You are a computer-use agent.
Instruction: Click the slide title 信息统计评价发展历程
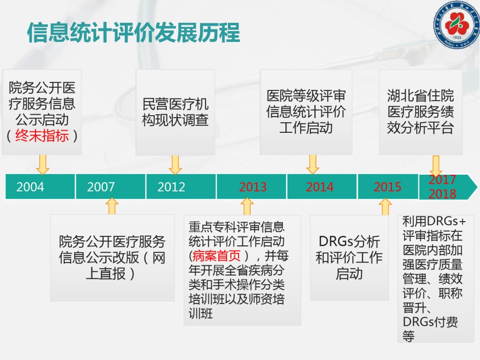point(133,32)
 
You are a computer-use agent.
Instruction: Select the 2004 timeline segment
point(40,187)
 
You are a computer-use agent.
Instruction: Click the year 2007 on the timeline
point(101,187)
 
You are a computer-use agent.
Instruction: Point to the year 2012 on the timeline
point(171,187)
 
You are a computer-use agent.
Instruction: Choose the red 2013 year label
point(253,187)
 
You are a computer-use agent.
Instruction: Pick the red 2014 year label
point(320,187)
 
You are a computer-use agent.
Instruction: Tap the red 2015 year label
point(387,187)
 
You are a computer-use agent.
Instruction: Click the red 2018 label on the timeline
point(442,193)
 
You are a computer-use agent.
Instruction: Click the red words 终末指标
point(42,135)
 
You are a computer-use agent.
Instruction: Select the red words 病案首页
point(216,255)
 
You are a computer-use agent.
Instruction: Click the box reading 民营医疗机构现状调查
point(175,112)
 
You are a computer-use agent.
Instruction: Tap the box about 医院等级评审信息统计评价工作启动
point(306,112)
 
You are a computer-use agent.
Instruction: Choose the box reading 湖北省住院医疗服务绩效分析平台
point(420,112)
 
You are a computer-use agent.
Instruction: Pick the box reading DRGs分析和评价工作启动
point(349,258)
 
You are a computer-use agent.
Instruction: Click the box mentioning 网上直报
point(112,258)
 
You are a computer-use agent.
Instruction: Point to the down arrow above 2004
point(42,165)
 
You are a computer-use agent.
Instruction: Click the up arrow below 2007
point(112,206)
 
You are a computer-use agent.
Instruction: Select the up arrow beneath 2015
point(385,207)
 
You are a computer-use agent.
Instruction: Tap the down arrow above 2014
point(313,164)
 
